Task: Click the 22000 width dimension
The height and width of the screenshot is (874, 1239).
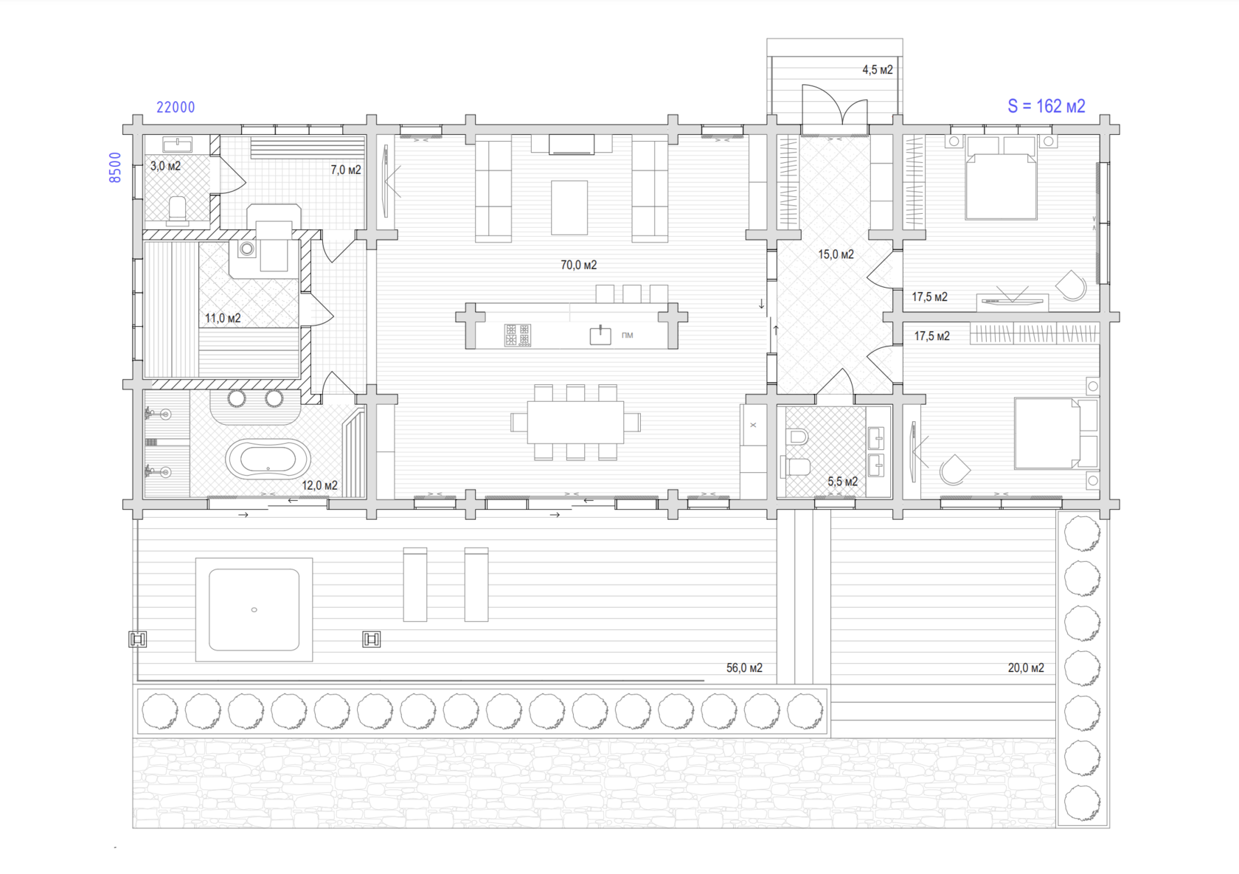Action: tap(176, 108)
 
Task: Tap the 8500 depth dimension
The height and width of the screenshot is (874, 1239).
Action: tap(114, 167)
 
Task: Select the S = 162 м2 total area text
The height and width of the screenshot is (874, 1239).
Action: tap(1046, 105)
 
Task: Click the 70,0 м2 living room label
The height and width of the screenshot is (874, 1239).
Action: tap(578, 265)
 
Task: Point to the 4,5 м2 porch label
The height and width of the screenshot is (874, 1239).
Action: tap(878, 69)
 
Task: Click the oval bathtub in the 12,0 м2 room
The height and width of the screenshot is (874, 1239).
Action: tap(268, 459)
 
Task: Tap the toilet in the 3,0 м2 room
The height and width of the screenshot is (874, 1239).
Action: tap(178, 210)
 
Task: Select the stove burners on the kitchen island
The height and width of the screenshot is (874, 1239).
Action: tap(517, 335)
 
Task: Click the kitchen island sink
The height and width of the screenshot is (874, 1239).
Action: tap(600, 335)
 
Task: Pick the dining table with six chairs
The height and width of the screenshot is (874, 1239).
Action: tap(575, 423)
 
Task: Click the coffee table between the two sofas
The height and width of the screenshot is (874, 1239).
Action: tap(569, 207)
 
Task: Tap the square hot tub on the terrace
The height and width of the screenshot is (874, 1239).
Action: tap(254, 609)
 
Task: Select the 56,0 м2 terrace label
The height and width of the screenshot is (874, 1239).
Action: tap(744, 667)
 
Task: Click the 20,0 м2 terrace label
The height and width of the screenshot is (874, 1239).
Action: tap(1025, 667)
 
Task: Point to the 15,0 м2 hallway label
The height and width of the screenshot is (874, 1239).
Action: tap(836, 254)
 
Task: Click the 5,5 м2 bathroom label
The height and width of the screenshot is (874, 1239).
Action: tap(842, 481)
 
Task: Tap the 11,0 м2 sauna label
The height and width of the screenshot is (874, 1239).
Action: tap(223, 318)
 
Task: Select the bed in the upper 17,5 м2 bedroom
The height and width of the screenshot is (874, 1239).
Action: tap(1001, 178)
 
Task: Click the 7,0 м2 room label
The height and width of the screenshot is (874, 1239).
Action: tap(346, 170)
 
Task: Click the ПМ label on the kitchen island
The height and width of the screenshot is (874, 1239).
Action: tap(627, 335)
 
